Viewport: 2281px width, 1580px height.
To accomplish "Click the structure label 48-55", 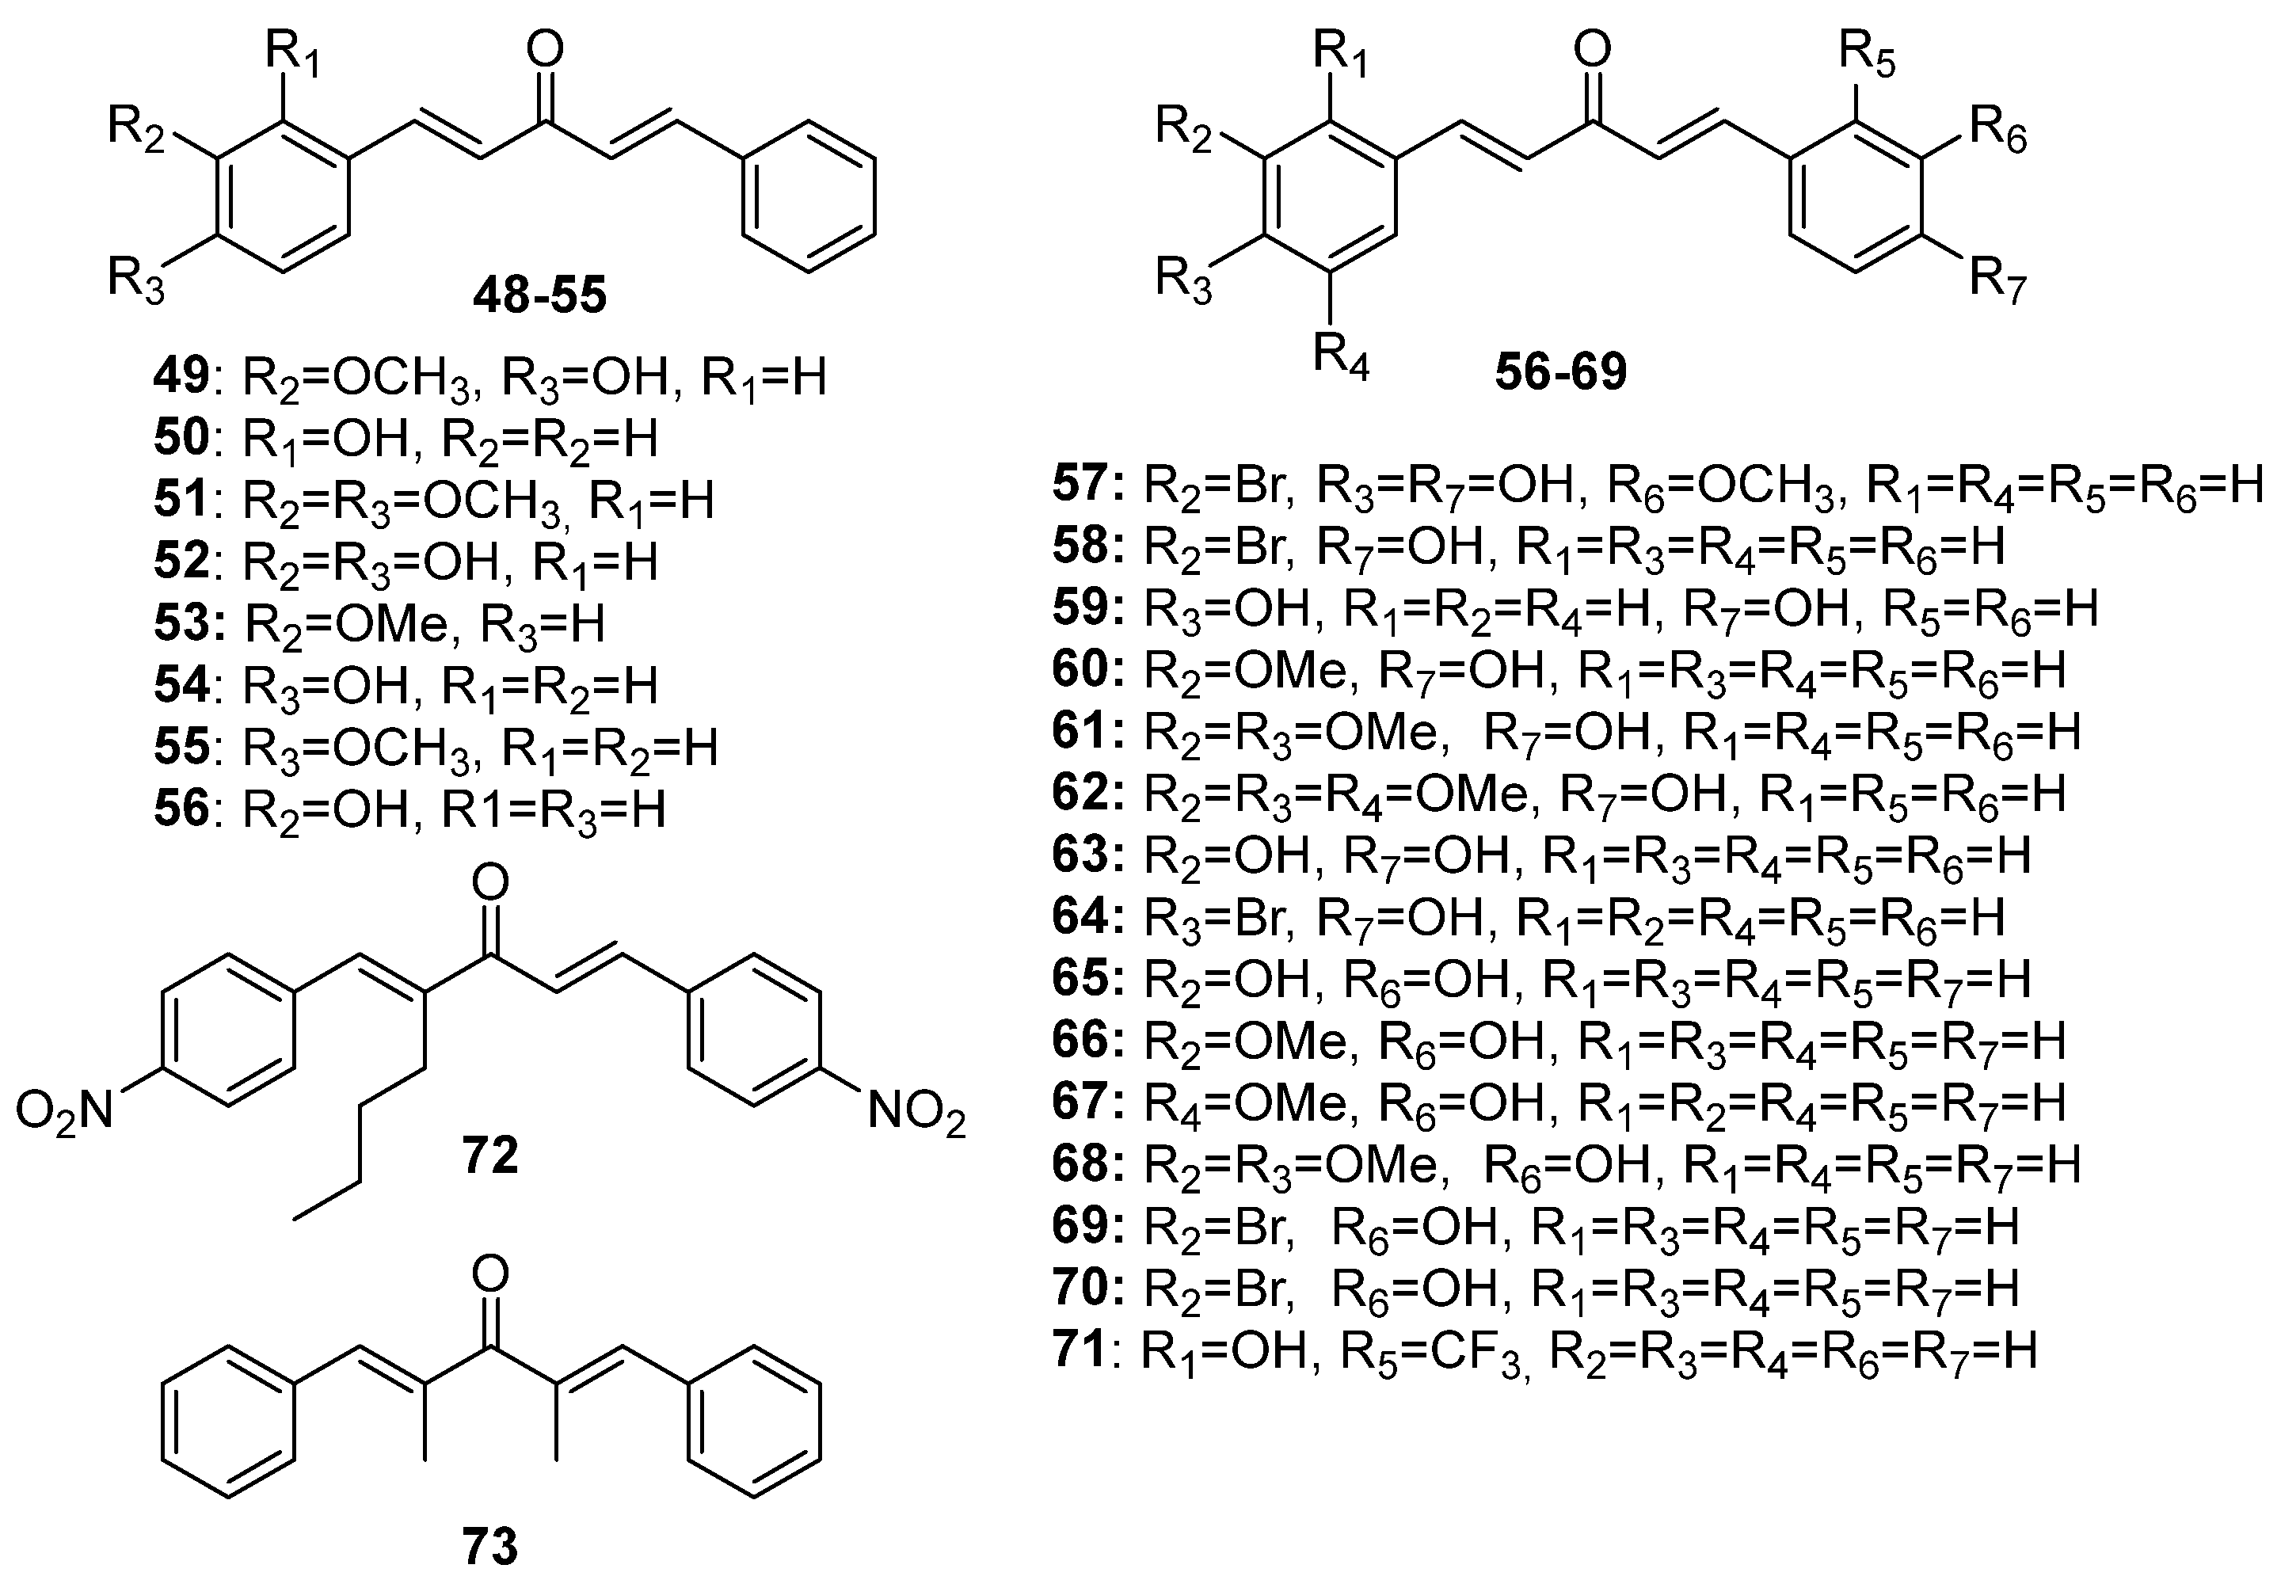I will (539, 295).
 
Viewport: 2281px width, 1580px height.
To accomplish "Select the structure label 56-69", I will (1561, 371).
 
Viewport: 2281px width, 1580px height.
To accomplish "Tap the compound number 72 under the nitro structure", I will (490, 1155).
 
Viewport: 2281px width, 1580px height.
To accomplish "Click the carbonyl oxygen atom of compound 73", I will (491, 1274).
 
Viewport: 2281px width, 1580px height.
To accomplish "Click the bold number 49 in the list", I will (181, 377).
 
